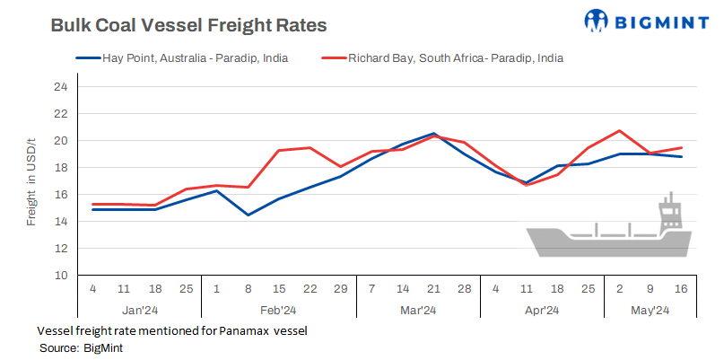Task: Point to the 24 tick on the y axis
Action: (x=61, y=87)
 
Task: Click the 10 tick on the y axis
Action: (x=61, y=275)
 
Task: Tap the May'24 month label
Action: (x=651, y=310)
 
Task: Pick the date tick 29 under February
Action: (x=341, y=289)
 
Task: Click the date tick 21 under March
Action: (x=434, y=289)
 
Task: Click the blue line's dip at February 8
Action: (x=249, y=215)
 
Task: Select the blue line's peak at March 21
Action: (x=434, y=134)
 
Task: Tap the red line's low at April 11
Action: (x=528, y=185)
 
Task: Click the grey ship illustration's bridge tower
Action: (x=668, y=212)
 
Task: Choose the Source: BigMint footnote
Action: (x=83, y=347)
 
